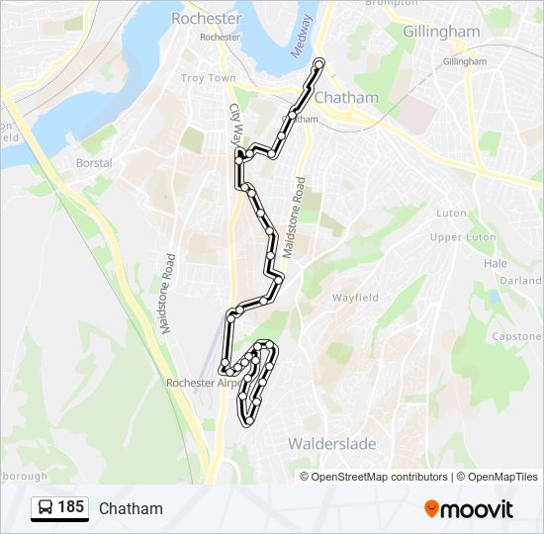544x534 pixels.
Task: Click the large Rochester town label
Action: click(x=206, y=18)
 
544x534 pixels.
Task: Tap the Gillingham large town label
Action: click(x=441, y=31)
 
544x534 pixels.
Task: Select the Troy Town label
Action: click(x=208, y=78)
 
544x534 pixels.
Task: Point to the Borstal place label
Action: click(x=94, y=163)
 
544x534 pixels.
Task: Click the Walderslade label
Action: click(x=332, y=444)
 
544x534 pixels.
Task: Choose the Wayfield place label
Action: click(x=355, y=297)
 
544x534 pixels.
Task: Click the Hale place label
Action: click(x=495, y=264)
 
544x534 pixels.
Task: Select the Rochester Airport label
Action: click(x=203, y=383)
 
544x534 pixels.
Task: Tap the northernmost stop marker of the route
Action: click(x=319, y=64)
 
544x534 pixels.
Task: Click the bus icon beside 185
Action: click(x=45, y=507)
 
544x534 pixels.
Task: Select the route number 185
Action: click(x=71, y=507)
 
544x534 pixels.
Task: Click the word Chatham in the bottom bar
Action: click(x=131, y=508)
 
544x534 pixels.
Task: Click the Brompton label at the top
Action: click(x=385, y=3)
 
